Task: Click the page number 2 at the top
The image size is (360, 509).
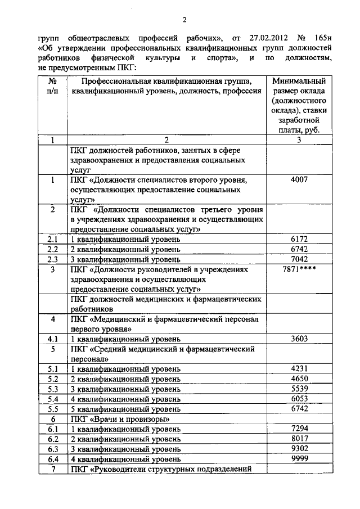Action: (184, 21)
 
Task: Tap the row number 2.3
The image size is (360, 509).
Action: (52, 259)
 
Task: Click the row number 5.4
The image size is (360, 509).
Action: (52, 399)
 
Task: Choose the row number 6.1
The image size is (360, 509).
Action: (52, 429)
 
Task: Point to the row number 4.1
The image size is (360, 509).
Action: (52, 339)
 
